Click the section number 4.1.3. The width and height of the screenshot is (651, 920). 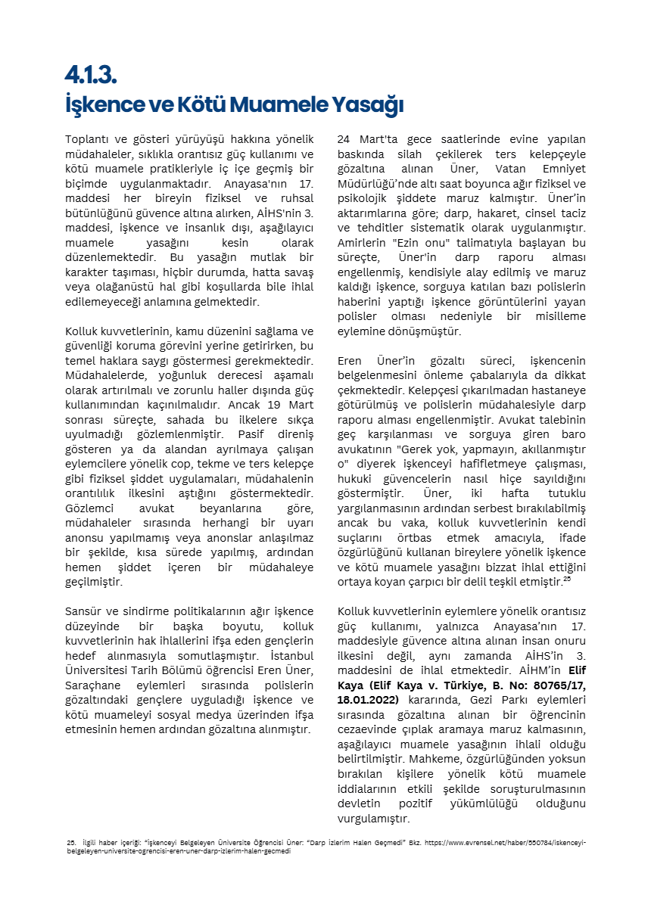point(91,76)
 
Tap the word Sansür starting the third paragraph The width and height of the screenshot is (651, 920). point(84,611)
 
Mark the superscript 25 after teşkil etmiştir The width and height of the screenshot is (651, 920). point(566,579)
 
